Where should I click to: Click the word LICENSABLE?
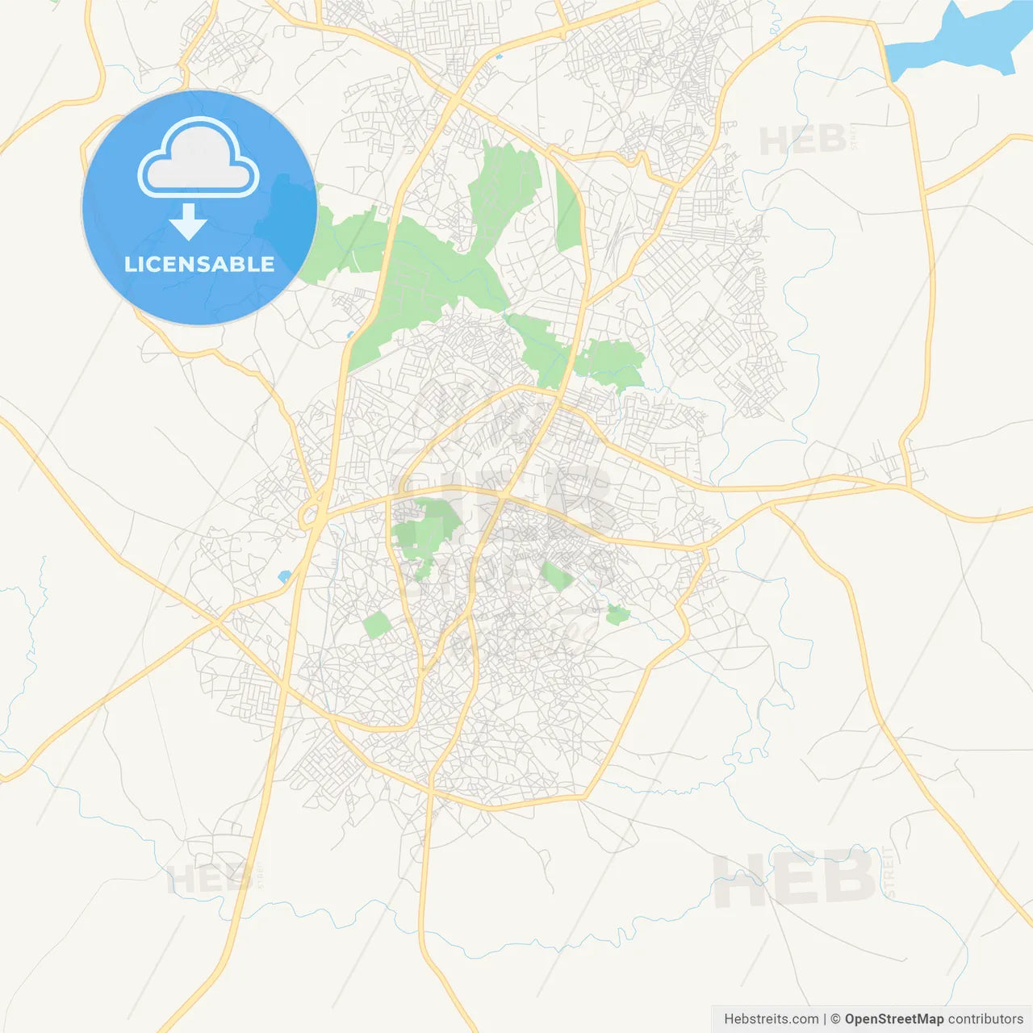coord(199,264)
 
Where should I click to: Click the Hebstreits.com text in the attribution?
coord(771,1019)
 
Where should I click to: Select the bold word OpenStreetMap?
coord(893,1019)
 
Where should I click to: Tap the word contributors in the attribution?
coord(985,1019)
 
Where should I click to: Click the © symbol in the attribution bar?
coord(835,1019)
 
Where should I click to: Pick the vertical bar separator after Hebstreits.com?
coord(824,1019)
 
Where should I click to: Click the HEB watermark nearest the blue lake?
coord(803,140)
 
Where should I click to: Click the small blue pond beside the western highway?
coord(284,576)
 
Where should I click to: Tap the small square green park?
coord(376,625)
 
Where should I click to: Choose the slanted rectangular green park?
coord(557,576)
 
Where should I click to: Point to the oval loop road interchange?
coord(312,514)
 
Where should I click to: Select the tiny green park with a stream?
coord(617,615)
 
